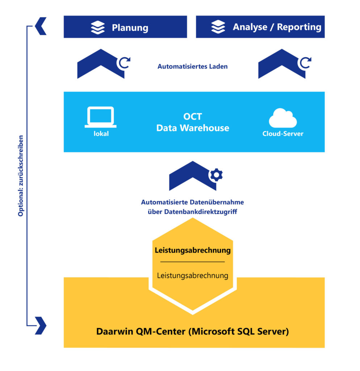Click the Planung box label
(130, 28)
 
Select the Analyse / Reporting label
(277, 27)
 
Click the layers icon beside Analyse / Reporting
(218, 27)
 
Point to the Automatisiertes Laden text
(192, 67)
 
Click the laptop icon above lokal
(100, 117)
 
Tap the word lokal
(100, 134)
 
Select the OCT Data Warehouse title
(193, 122)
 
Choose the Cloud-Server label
(283, 134)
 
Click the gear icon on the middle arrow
(217, 175)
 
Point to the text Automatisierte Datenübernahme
(192, 202)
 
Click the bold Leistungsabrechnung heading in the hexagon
(193, 250)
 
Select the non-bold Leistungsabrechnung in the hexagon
(193, 275)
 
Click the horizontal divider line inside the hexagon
(193, 262)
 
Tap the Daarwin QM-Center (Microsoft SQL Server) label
(193, 332)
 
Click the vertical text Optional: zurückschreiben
(21, 176)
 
